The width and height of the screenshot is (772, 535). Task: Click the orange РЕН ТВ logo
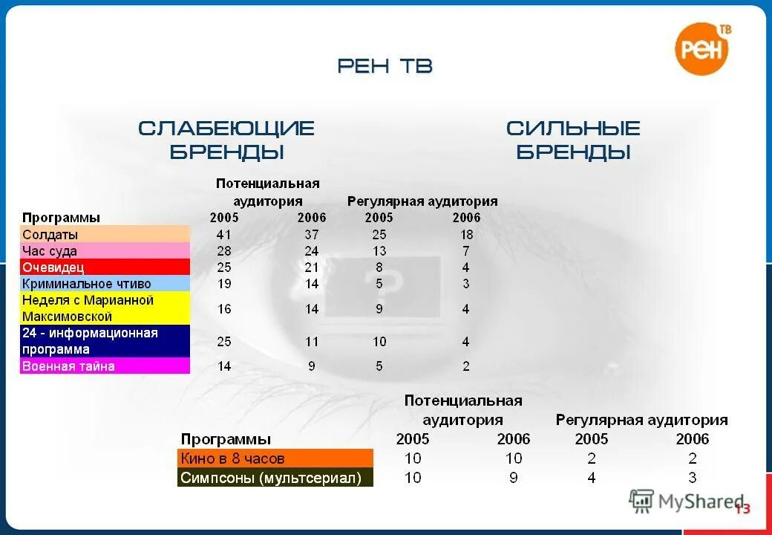[702, 48]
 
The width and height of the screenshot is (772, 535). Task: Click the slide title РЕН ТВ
[385, 66]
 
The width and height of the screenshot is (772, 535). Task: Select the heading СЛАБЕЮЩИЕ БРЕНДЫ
[226, 140]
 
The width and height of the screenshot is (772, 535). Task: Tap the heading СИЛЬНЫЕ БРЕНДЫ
[573, 140]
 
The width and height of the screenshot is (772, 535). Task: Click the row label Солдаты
[50, 235]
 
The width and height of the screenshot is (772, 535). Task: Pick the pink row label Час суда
[50, 251]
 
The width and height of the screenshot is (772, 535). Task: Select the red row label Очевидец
[53, 267]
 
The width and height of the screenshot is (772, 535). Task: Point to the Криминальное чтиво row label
[87, 284]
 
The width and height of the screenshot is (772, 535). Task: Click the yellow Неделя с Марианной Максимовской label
[88, 308]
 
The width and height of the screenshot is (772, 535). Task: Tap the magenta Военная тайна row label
[68, 366]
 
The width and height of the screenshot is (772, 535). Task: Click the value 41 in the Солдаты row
[224, 235]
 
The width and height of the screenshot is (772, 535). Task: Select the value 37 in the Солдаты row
[312, 235]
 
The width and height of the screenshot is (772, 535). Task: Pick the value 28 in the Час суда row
[224, 251]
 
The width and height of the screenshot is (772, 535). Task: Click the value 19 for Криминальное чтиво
[224, 284]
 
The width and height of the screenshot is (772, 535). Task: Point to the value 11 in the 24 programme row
[312, 342]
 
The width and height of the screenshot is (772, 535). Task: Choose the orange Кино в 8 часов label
[233, 458]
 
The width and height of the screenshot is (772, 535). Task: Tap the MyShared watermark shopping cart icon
[642, 502]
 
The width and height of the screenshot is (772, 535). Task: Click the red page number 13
[742, 509]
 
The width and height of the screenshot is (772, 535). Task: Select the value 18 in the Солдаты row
[466, 235]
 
